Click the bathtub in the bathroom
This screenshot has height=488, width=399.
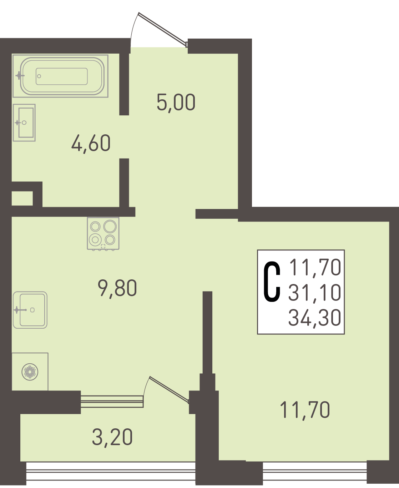coord(60,76)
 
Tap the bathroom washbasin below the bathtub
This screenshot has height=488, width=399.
coord(24,123)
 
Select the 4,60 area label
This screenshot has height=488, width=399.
coord(91,144)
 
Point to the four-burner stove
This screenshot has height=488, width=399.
coord(103,234)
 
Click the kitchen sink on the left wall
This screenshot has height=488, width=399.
coord(30,310)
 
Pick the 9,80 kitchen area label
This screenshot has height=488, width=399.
coord(117,288)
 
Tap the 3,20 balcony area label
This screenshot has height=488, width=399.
coord(112,437)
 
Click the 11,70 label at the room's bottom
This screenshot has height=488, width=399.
coord(305,410)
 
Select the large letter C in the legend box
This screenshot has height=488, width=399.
coord(272,282)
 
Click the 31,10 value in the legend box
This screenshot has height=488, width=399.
coord(315,293)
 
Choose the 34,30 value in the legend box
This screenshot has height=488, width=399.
coord(315,318)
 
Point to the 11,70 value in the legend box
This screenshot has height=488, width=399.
coord(315,267)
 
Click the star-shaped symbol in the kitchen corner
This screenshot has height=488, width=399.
coord(30,372)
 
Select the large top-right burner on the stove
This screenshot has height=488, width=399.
coord(110,226)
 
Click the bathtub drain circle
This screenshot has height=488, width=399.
coord(39,76)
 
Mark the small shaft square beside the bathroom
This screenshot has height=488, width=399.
coord(22,198)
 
